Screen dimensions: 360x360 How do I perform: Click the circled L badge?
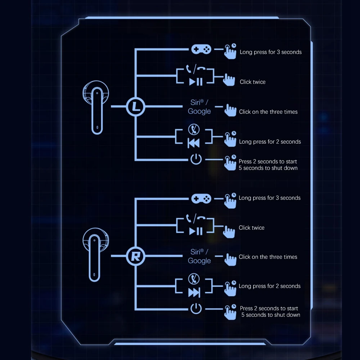135,107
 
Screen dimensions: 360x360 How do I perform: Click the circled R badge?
135,256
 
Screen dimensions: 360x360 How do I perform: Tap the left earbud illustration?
96,107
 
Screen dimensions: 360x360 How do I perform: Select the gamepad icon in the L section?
198,49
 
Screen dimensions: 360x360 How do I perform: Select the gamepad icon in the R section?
198,199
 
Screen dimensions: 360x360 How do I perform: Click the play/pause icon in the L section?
196,82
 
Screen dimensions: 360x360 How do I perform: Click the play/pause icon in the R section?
196,231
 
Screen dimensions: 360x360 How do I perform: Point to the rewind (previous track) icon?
194,143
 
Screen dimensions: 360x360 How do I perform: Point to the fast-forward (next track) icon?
194,293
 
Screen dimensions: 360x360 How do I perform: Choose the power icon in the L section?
196,159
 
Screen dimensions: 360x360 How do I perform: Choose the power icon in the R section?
196,308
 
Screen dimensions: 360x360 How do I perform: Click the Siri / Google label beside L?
199,107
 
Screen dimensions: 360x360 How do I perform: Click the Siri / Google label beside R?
199,256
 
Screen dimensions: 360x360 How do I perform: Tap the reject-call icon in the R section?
194,279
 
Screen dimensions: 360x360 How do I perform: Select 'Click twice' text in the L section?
252,82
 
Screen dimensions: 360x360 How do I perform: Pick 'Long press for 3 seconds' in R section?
269,198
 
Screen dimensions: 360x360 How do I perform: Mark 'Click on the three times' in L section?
268,112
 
